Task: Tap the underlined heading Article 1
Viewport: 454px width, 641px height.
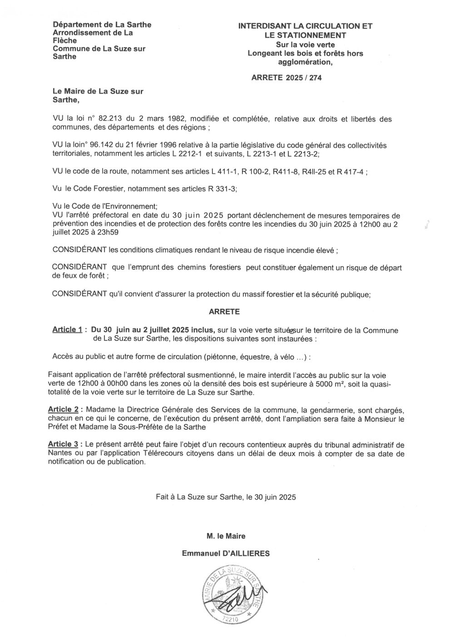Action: pyautogui.click(x=67, y=330)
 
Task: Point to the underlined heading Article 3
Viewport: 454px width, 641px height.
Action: pyautogui.click(x=63, y=443)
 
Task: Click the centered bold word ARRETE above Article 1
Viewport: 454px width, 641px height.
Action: pyautogui.click(x=224, y=312)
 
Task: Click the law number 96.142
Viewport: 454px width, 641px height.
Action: pyautogui.click(x=98, y=145)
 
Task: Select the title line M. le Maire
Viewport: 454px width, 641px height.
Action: pyautogui.click(x=226, y=536)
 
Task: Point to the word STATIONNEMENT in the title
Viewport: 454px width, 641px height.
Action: pyautogui.click(x=305, y=35)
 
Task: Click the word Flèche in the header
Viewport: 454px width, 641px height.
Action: pyautogui.click(x=65, y=41)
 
